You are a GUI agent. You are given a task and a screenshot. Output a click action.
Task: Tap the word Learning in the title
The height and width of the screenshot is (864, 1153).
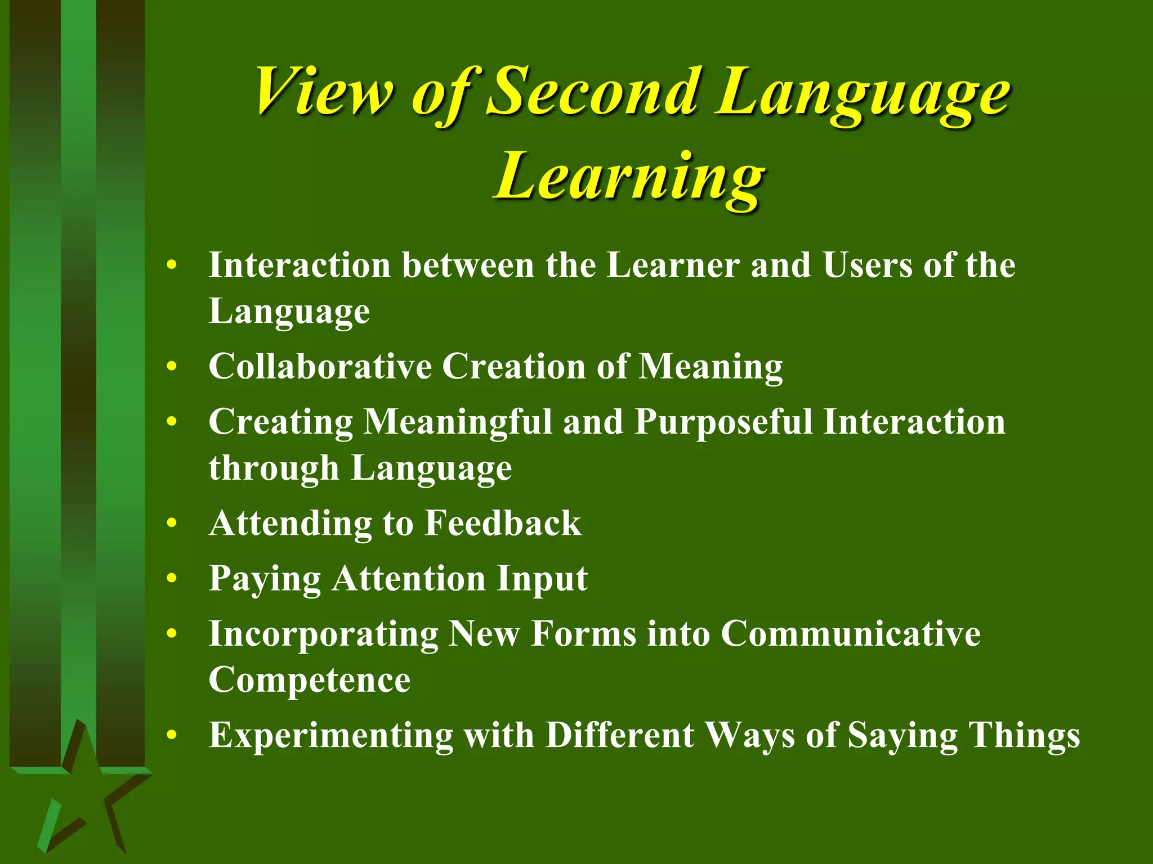click(629, 177)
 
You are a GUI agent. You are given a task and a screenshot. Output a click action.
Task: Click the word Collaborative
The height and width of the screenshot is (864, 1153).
click(320, 367)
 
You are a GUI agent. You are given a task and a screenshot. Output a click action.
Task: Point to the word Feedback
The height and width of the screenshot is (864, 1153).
click(503, 523)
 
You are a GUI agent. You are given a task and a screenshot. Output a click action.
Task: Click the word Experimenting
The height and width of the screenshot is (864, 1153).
click(330, 736)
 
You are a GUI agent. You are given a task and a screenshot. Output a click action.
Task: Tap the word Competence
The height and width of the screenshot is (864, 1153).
click(309, 680)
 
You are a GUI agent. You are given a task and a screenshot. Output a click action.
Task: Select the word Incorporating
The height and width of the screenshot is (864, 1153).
click(323, 634)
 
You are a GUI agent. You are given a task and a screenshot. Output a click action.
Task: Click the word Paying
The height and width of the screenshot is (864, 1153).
click(265, 579)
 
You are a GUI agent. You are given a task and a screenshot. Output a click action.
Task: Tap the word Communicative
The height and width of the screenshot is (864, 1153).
click(850, 634)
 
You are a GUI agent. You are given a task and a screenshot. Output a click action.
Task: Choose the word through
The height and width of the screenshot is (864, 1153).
click(274, 469)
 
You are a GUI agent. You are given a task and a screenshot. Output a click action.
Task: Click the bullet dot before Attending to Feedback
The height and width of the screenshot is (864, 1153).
click(172, 524)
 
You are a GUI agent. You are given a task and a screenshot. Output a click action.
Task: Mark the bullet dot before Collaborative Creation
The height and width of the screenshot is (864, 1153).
click(172, 367)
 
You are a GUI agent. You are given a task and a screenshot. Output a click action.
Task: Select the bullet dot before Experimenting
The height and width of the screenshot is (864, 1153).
click(172, 736)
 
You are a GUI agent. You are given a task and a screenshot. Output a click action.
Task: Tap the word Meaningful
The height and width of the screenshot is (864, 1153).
click(458, 422)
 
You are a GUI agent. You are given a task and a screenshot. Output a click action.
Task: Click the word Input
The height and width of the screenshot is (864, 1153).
click(542, 579)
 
